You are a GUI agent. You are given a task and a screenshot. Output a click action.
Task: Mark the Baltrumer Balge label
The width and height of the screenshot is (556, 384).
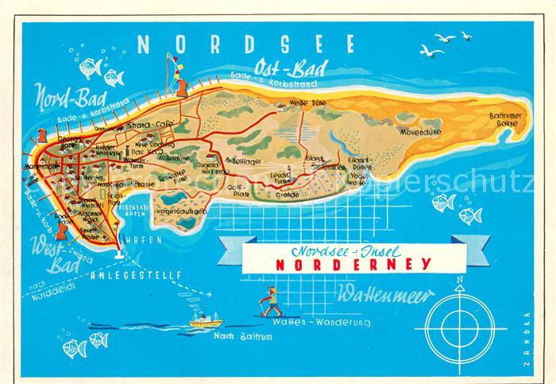click(503, 120)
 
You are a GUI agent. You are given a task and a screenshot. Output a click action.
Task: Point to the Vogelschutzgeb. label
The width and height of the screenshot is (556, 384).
click(182, 211)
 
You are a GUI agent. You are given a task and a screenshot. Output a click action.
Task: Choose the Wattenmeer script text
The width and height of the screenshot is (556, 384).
click(385, 295)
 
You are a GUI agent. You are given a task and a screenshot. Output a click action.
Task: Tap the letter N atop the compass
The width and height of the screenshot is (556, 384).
click(458, 280)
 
